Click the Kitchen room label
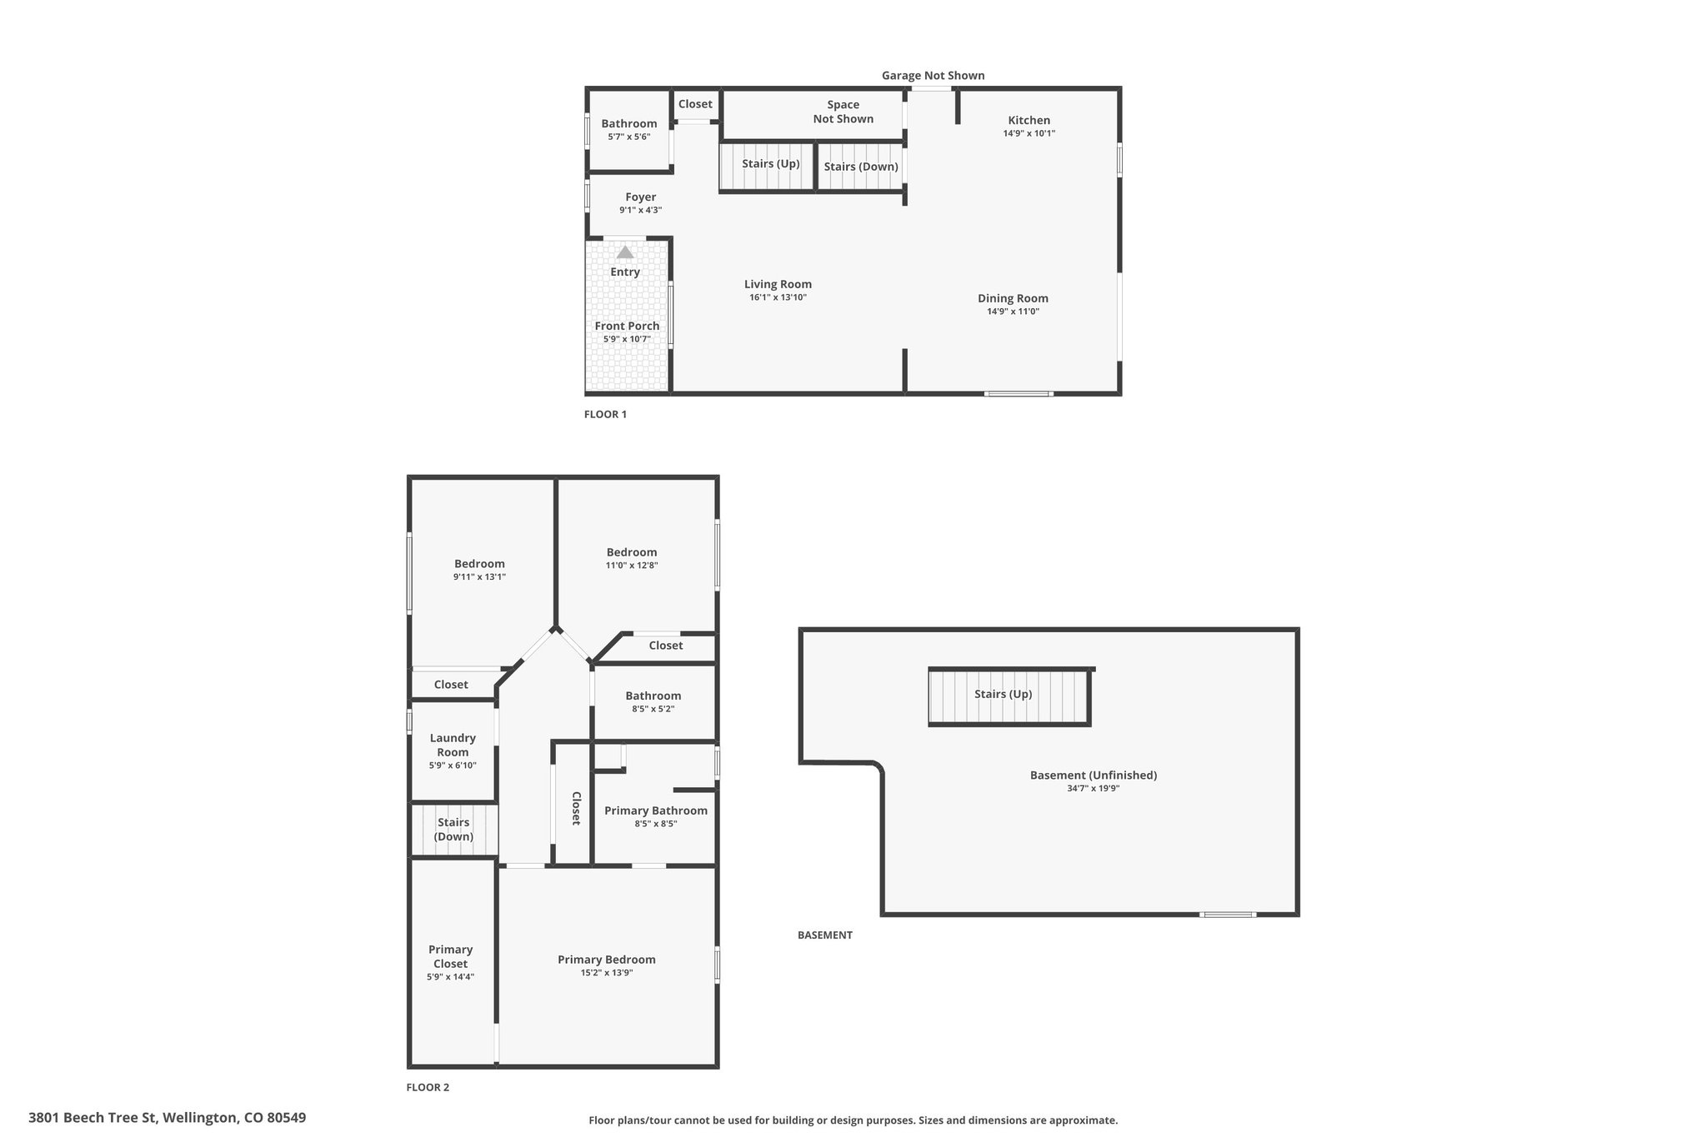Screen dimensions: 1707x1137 click(1029, 120)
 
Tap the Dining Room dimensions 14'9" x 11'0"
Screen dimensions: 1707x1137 click(1013, 312)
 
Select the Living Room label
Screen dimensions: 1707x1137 click(778, 284)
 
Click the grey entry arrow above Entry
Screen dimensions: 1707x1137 click(625, 252)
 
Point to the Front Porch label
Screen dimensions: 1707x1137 click(627, 326)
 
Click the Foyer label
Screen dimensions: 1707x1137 click(640, 197)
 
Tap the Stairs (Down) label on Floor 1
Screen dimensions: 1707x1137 click(861, 167)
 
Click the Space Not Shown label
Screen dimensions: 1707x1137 click(843, 112)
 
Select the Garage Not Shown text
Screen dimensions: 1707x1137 click(934, 76)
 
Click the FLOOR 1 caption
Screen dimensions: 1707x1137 click(605, 414)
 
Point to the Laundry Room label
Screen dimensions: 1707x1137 click(453, 745)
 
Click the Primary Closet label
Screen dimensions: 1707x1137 click(450, 956)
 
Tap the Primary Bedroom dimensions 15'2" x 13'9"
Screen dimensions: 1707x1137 click(607, 973)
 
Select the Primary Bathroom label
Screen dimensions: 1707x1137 click(655, 810)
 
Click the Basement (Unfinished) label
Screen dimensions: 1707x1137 click(1093, 775)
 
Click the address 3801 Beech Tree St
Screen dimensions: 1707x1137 click(93, 1117)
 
